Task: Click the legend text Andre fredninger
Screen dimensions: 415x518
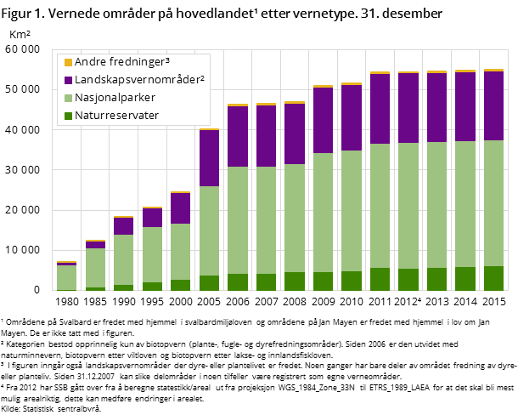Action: pyautogui.click(x=119, y=62)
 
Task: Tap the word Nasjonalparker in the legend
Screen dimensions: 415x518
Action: pyautogui.click(x=115, y=98)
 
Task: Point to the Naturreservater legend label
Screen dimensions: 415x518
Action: pyautogui.click(x=116, y=116)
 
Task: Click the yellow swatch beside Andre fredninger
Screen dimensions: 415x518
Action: pyautogui.click(x=68, y=62)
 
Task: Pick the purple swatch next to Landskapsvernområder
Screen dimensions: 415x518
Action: pyautogui.click(x=68, y=80)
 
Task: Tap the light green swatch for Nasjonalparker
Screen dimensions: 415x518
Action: pyautogui.click(x=68, y=98)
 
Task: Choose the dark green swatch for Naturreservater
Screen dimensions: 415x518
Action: pyautogui.click(x=68, y=116)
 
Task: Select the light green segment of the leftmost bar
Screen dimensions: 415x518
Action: pyautogui.click(x=66, y=277)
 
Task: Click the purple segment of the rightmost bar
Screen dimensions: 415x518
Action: pyautogui.click(x=493, y=105)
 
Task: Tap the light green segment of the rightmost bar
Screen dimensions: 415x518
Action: pyautogui.click(x=493, y=203)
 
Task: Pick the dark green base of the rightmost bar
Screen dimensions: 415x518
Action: pyautogui.click(x=493, y=278)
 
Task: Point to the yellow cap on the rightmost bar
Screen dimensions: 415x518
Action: pyautogui.click(x=493, y=70)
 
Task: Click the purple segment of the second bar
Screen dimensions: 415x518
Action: pyautogui.click(x=95, y=245)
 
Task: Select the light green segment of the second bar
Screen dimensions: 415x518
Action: pyautogui.click(x=95, y=268)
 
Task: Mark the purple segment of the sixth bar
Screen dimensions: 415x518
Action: pyautogui.click(x=209, y=158)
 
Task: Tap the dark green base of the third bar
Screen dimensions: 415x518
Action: pyautogui.click(x=123, y=287)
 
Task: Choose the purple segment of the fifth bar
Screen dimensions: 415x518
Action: pyautogui.click(x=180, y=208)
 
